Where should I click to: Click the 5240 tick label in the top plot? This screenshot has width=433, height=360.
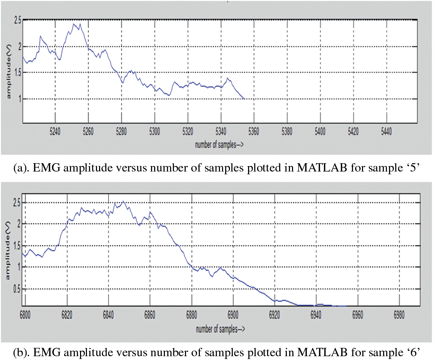click(x=55, y=132)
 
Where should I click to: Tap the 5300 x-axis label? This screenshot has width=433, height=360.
click(x=154, y=132)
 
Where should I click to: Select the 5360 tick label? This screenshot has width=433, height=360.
click(x=254, y=132)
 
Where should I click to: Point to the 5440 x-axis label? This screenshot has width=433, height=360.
click(x=386, y=132)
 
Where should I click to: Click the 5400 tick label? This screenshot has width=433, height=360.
click(x=320, y=132)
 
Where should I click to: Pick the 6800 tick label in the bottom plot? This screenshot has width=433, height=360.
click(x=25, y=315)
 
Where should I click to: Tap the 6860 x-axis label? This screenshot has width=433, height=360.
click(x=150, y=315)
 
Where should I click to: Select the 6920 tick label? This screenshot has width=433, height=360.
click(x=274, y=315)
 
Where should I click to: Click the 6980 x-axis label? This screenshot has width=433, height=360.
click(x=399, y=315)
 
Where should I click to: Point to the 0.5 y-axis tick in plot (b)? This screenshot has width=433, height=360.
click(x=17, y=289)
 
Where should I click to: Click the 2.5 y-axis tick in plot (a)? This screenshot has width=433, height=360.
click(x=17, y=20)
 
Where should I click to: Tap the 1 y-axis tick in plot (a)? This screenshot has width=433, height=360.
click(x=20, y=99)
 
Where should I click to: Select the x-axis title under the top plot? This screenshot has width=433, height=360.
click(x=219, y=144)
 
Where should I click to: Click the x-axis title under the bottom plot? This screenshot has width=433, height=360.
click(x=220, y=329)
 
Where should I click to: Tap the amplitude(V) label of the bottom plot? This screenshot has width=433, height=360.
click(x=8, y=251)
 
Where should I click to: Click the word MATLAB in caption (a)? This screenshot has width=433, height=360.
click(x=322, y=168)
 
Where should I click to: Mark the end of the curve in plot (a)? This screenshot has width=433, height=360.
click(x=244, y=99)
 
